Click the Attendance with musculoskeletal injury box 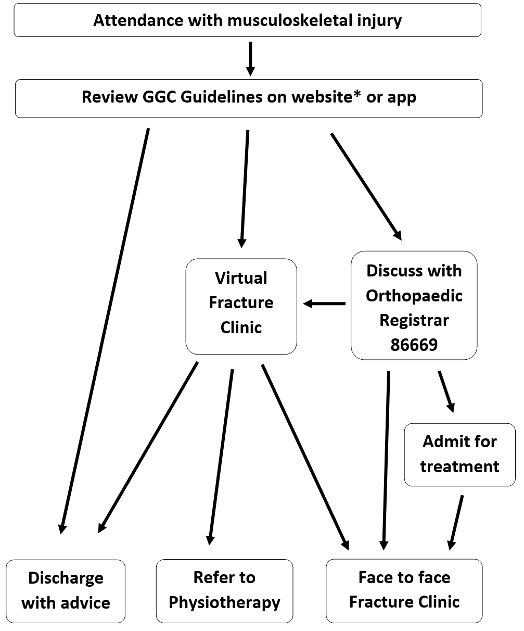(x=247, y=20)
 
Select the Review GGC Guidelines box (x=249, y=98)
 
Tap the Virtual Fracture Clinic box (x=241, y=306)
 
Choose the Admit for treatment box (x=459, y=454)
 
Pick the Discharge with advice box (x=66, y=590)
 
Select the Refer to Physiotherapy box (x=224, y=590)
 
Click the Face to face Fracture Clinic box (x=404, y=590)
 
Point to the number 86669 (x=414, y=345)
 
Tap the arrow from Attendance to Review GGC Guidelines (x=250, y=58)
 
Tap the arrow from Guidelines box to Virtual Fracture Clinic (x=245, y=188)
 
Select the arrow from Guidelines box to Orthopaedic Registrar (x=366, y=186)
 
